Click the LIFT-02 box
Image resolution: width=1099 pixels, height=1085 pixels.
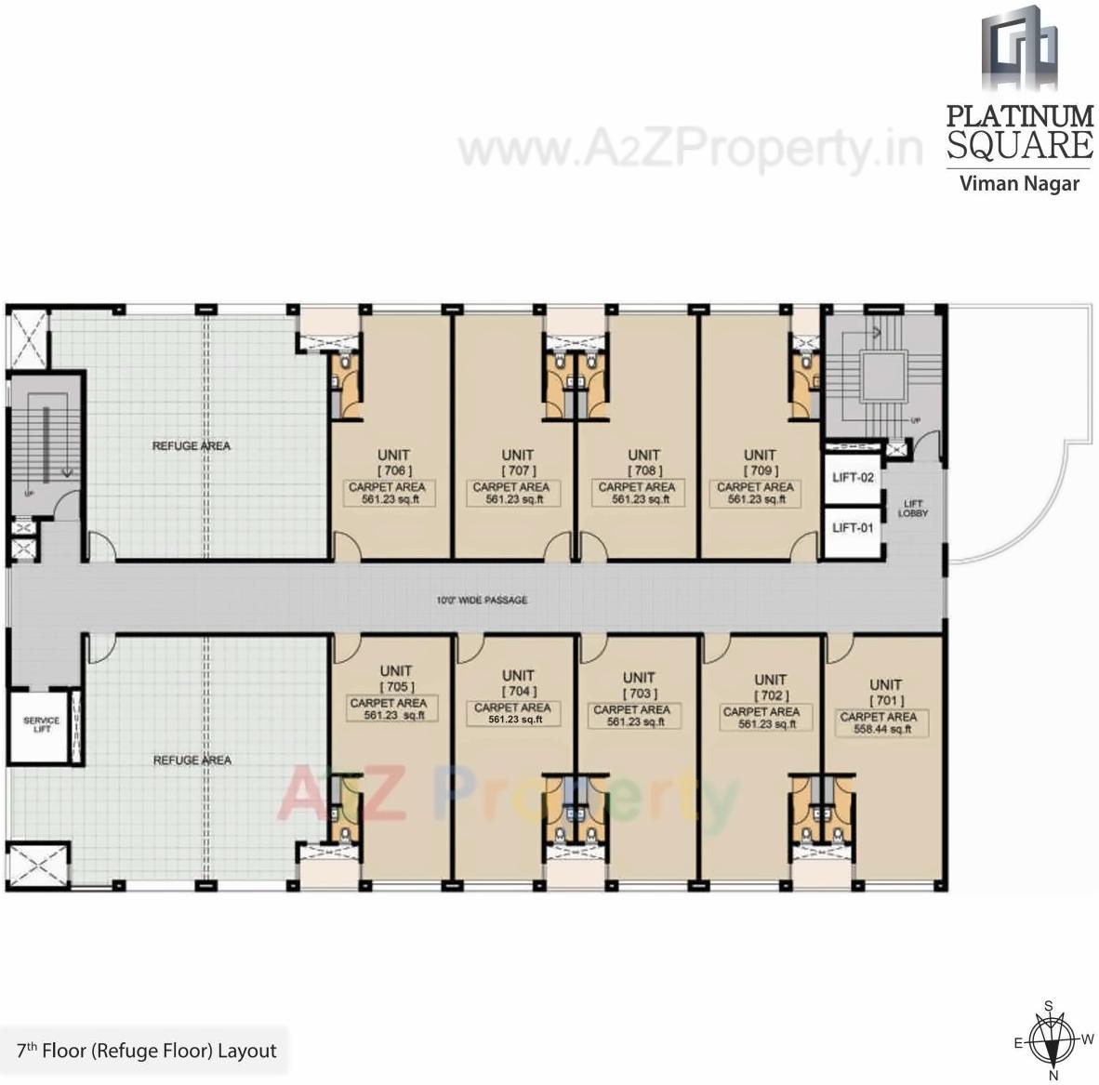pos(852,478)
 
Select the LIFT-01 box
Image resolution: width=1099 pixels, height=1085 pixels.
pos(852,528)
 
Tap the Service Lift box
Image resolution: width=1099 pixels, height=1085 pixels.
pos(40,725)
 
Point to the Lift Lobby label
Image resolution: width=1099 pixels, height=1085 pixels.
pos(912,509)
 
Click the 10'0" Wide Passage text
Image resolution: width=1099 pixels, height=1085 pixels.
pos(482,600)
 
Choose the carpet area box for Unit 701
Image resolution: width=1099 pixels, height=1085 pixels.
pos(878,723)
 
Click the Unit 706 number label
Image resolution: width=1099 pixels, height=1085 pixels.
pos(394,470)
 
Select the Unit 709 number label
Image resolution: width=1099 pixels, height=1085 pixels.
pos(760,470)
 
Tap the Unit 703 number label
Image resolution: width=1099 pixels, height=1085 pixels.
pos(639,694)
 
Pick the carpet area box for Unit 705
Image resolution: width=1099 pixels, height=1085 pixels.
pos(388,709)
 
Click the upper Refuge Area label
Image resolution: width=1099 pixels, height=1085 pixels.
pos(191,446)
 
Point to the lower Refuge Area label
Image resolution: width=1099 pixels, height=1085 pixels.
pos(191,761)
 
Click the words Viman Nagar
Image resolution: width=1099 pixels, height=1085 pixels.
pos(1019,183)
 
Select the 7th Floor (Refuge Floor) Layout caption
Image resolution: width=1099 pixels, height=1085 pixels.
pos(146,1052)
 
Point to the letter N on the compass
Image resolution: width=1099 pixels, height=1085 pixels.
pos(1053,1075)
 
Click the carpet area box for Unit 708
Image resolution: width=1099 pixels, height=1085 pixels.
pos(637,493)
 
